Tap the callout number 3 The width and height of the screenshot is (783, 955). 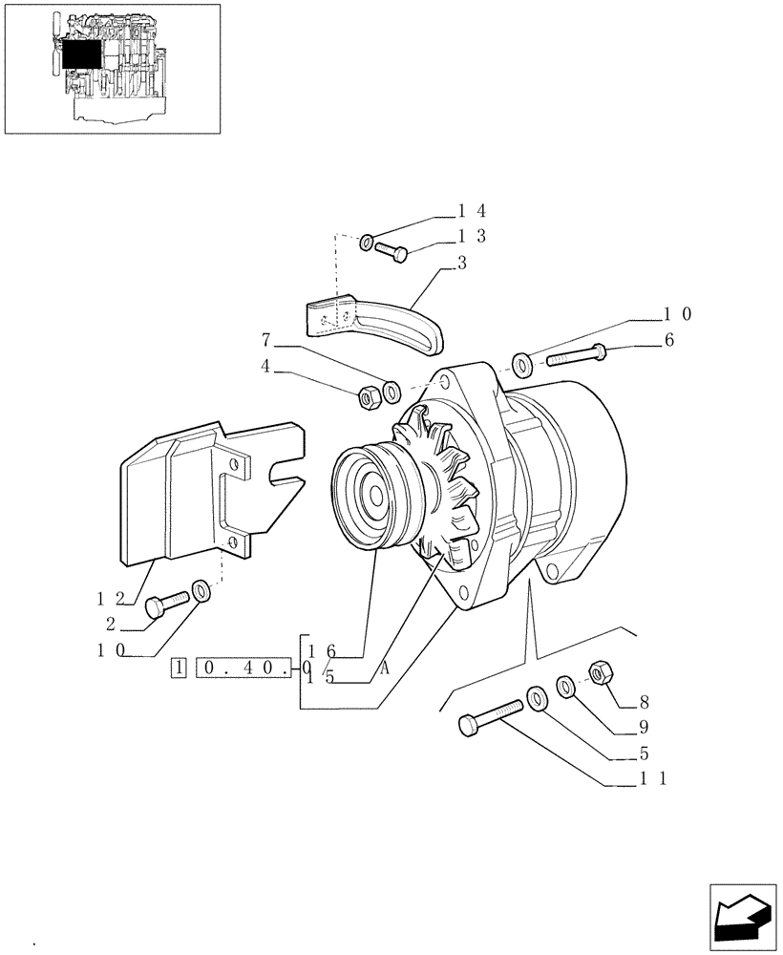(462, 264)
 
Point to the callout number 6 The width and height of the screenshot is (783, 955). (668, 340)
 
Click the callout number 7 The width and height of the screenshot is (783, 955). (266, 339)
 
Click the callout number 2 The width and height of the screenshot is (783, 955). (112, 624)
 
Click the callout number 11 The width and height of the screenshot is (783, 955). (651, 778)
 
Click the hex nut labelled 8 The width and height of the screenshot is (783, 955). (600, 673)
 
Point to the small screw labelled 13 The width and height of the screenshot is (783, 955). (391, 251)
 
